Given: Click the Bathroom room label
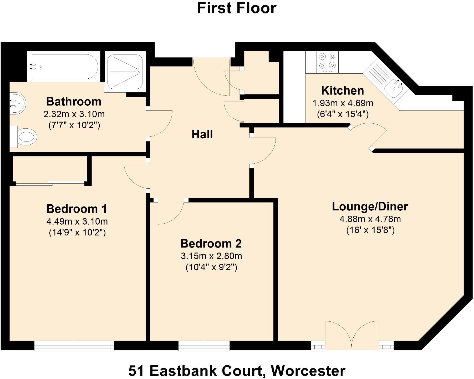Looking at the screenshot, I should (74, 102).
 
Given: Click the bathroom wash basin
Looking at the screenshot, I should (17, 103).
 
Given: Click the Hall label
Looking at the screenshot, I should (202, 134).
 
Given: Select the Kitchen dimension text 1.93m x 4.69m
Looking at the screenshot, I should (343, 103).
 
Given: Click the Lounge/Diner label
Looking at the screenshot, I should (370, 206).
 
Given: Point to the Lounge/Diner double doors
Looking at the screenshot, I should (351, 336).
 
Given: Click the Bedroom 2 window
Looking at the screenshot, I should (204, 346).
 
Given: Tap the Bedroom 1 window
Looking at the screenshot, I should (74, 346).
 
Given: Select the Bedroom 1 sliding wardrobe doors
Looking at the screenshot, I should (50, 183).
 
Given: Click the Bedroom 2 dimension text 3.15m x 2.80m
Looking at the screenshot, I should (211, 256).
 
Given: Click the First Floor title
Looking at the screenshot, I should (237, 8).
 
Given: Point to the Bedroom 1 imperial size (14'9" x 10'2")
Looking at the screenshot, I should (77, 233).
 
